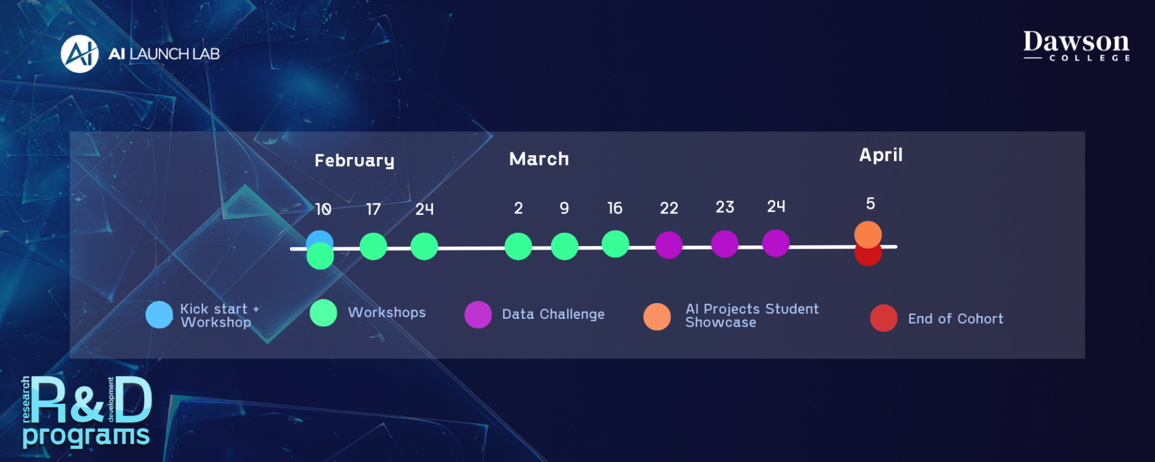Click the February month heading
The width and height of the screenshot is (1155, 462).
[354, 161]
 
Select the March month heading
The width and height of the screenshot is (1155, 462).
[539, 159]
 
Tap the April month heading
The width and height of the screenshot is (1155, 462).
[881, 155]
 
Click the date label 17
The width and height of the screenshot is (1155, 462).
[373, 209]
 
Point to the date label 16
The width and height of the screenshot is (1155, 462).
[615, 208]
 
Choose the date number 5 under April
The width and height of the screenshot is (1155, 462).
[870, 204]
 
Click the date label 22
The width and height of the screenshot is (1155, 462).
[669, 208]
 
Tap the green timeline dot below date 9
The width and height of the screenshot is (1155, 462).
[564, 247]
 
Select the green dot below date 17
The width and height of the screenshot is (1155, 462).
[374, 247]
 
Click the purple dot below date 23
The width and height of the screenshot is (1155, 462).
[725, 244]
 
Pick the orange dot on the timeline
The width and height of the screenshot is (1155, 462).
[868, 235]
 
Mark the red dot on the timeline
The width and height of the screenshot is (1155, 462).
[868, 256]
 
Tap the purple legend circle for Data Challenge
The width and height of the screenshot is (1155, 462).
[478, 315]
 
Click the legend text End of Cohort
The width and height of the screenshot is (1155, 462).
[956, 319]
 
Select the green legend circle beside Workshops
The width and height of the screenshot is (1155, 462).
[324, 313]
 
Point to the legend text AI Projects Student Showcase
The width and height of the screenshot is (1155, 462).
[752, 316]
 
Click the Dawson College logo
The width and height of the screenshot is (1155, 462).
[1077, 46]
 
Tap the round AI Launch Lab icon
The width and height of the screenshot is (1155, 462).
[79, 54]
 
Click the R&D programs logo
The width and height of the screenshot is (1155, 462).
[87, 413]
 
